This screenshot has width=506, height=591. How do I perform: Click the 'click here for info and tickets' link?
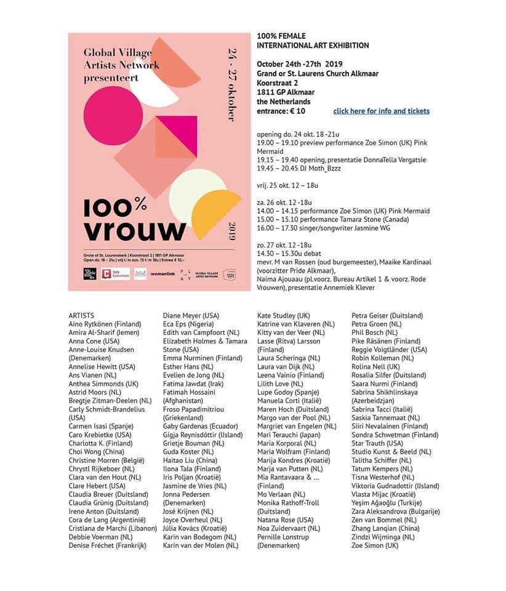381,111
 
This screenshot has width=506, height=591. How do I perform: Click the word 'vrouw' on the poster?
135,229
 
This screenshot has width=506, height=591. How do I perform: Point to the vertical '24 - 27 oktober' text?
232,84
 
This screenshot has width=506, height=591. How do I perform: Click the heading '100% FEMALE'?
281,36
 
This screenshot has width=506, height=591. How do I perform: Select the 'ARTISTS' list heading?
81,316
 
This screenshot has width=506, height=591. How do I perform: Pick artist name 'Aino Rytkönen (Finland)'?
105,324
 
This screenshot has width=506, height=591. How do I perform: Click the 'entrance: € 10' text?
281,111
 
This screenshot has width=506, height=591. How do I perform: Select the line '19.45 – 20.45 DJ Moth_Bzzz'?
299,168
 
